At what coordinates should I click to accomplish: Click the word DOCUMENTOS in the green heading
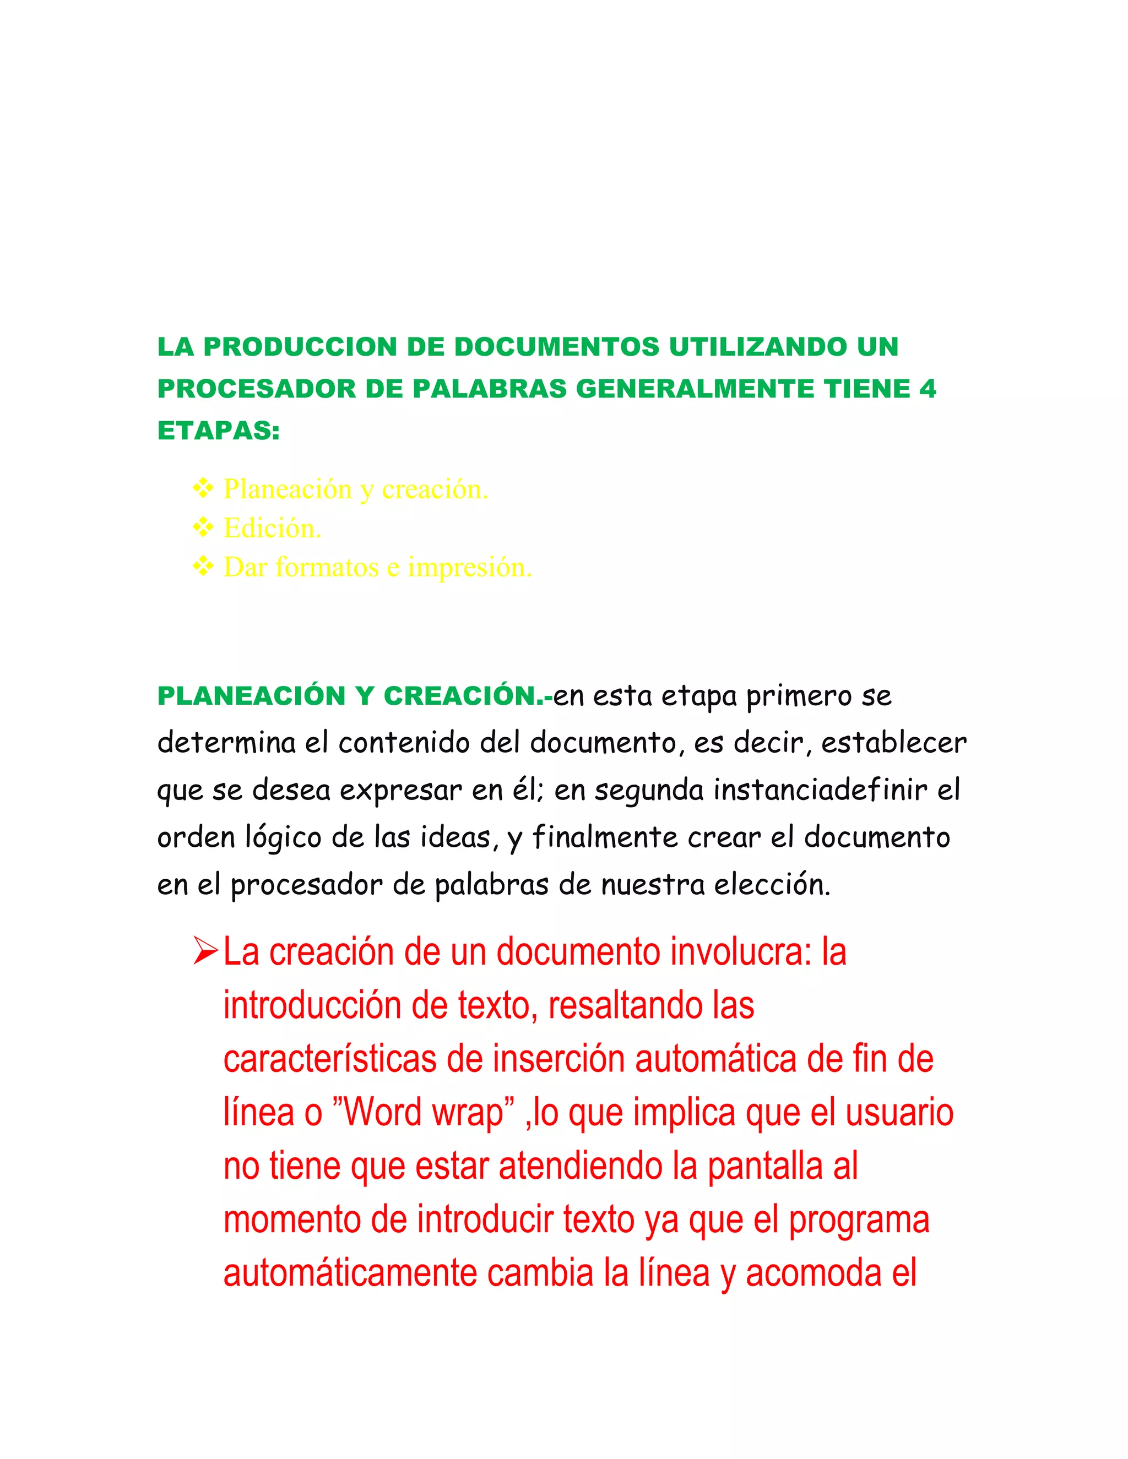point(557,347)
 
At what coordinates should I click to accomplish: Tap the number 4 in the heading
point(928,389)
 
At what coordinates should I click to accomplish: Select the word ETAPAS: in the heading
point(219,431)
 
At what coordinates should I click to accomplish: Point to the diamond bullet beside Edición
point(203,528)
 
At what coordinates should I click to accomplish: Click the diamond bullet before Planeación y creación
point(203,489)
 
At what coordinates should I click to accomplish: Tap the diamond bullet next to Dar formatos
point(203,567)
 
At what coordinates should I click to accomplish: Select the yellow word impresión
point(470,568)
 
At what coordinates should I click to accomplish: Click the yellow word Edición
point(273,529)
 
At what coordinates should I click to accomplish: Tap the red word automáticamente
point(350,1273)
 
